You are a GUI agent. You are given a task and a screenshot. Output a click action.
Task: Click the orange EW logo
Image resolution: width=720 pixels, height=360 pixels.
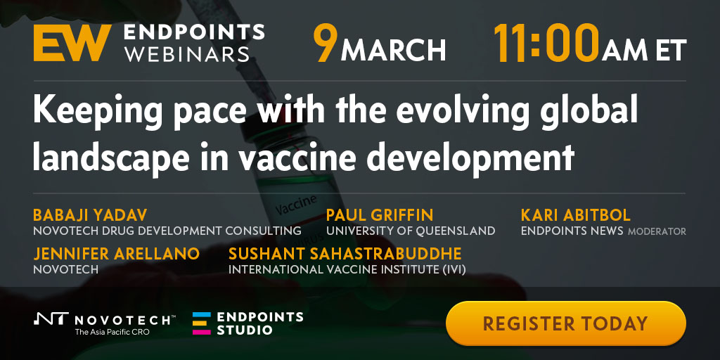72,43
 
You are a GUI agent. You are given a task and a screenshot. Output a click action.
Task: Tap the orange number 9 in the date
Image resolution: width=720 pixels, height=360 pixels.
325,43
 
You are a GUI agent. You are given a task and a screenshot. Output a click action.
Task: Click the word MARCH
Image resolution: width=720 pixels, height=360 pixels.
393,49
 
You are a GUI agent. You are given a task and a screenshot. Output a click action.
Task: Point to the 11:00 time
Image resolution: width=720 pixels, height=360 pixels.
546,43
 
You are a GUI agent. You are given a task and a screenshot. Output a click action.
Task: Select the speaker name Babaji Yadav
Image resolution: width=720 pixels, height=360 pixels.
90,214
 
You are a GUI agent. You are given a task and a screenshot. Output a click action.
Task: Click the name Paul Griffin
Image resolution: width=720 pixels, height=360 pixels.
379,214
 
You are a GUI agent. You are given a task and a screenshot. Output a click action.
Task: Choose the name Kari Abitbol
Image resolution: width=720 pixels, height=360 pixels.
575,214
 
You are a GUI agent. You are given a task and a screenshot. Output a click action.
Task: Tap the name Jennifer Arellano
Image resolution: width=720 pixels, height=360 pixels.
116,253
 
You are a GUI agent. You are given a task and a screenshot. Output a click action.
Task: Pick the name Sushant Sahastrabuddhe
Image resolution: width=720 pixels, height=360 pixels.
345,253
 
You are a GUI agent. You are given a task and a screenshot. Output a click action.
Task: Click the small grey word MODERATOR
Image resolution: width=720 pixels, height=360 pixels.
657,231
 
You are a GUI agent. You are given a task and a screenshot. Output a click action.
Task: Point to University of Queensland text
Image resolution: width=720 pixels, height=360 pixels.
411,231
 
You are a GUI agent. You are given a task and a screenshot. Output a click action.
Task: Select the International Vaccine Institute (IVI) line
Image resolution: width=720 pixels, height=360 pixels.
347,269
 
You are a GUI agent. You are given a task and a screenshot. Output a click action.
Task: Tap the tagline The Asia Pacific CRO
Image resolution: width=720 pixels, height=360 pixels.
112,332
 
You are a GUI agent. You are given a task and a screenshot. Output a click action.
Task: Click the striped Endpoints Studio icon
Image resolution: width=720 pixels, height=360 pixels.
202,323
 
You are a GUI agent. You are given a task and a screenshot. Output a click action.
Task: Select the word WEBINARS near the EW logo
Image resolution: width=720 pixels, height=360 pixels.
187,55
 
